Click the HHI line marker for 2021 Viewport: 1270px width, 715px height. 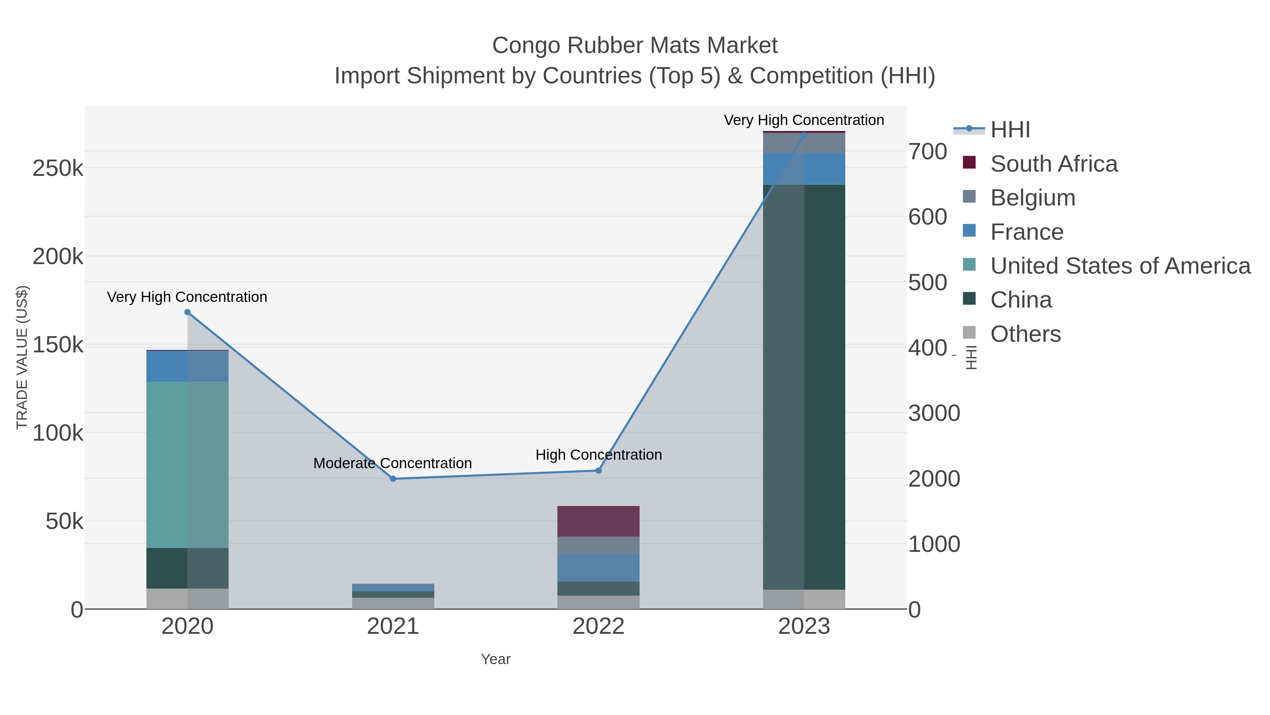tap(393, 479)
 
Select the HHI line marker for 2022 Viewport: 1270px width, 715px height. tap(599, 470)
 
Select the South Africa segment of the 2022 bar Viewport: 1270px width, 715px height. tap(599, 521)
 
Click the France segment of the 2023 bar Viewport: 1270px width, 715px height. tap(804, 168)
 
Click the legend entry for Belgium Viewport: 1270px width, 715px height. tap(1032, 198)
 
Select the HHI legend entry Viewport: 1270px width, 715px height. tap(1010, 130)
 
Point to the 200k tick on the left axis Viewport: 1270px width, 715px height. tap(58, 257)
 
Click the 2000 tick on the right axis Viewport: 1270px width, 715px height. tap(934, 479)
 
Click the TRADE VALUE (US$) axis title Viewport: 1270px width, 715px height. tap(22, 357)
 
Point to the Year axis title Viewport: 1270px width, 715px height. tap(496, 659)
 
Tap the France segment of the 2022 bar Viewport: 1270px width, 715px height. tap(599, 568)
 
